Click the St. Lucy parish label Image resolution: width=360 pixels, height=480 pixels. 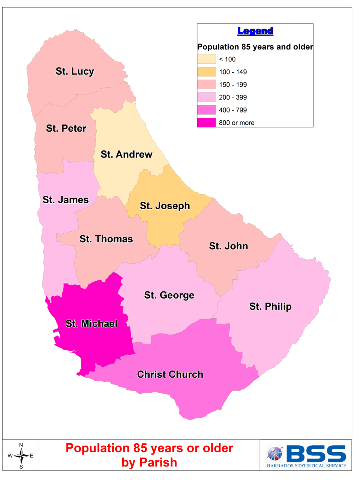pos(75,71)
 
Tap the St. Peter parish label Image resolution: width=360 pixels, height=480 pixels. pos(66,128)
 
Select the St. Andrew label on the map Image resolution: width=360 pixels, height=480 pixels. pos(126,154)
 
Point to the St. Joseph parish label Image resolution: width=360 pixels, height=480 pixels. pos(165,206)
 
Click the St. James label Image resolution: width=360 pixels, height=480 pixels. pos(66,200)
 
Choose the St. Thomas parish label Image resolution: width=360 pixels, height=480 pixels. pos(106,239)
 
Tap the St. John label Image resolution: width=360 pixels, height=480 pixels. pos(228,246)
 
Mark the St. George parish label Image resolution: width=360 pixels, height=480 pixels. pos(169,295)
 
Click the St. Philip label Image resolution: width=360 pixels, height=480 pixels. pos(270,306)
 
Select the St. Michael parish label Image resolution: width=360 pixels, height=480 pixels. pos(91,324)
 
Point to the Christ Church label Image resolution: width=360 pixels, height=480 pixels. pos(170,374)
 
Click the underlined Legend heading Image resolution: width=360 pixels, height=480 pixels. pos(255,31)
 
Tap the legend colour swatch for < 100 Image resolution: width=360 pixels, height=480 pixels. pos(207,59)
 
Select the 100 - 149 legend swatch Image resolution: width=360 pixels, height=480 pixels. pos(207,72)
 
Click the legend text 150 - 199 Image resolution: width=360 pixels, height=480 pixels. pos(233,85)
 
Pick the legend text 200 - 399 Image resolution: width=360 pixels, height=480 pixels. pos(233,97)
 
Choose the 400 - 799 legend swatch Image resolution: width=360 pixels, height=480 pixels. pos(207,110)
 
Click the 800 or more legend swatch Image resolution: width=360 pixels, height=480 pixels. pos(207,123)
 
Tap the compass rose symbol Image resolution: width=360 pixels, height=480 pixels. pos(21,456)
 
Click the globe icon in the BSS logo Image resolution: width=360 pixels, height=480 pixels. pos(274,453)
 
